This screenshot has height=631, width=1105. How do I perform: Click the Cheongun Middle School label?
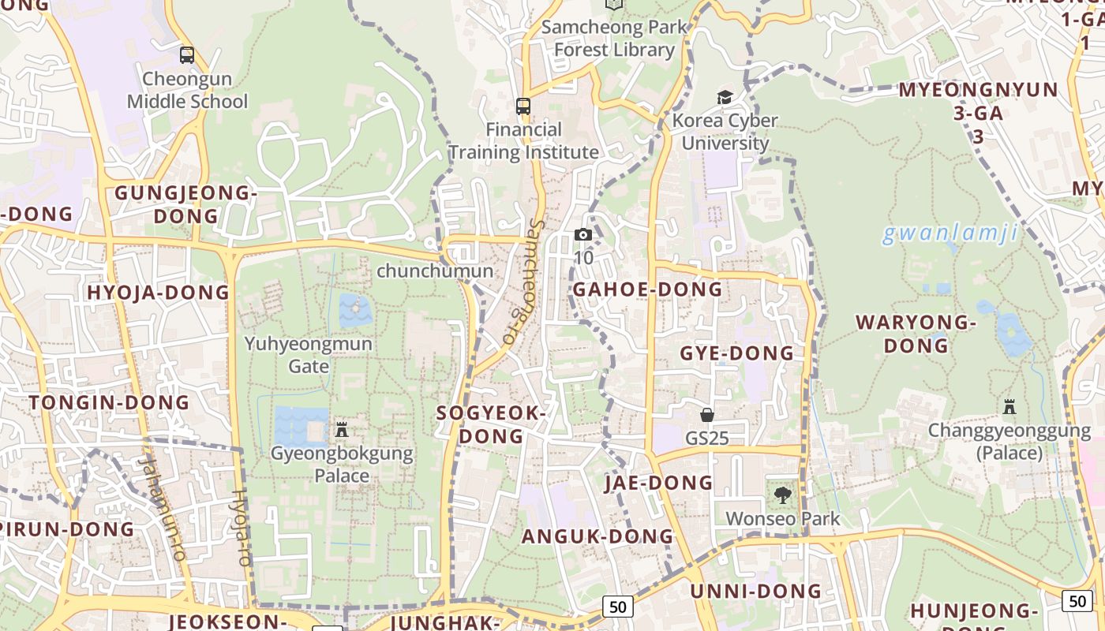click(x=187, y=90)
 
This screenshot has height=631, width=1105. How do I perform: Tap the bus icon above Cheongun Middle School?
click(x=187, y=55)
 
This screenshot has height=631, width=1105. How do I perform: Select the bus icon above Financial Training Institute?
click(x=523, y=106)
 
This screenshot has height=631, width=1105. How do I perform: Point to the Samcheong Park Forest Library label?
click(x=614, y=39)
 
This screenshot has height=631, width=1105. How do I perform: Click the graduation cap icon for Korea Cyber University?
click(x=725, y=97)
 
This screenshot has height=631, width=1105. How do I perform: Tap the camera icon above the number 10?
click(x=583, y=234)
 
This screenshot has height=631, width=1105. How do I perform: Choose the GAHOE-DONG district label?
click(x=647, y=289)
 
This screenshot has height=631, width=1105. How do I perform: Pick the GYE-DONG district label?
click(x=736, y=353)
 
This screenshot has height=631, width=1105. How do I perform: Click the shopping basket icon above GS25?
click(x=707, y=414)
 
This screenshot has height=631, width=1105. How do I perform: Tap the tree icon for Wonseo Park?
click(x=782, y=495)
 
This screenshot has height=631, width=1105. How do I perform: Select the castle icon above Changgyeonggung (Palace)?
click(x=1009, y=407)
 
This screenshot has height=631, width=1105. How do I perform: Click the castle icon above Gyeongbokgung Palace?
click(x=342, y=430)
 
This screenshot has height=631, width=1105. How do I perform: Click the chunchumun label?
click(x=435, y=271)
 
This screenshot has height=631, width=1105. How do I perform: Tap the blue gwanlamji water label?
click(x=950, y=233)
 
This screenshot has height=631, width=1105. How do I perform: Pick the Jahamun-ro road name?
click(x=162, y=509)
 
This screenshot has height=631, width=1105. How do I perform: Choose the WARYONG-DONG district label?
click(x=916, y=334)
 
